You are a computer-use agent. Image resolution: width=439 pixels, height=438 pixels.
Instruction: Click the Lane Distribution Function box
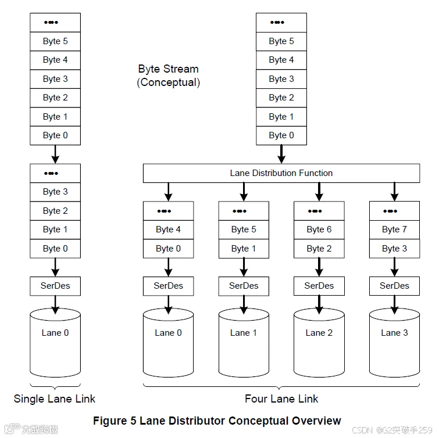281,173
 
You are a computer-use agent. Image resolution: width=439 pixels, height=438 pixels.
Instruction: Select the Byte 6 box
319,229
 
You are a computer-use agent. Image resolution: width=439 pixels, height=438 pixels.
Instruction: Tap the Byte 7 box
394,229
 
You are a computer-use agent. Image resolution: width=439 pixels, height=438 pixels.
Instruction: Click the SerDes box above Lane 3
394,286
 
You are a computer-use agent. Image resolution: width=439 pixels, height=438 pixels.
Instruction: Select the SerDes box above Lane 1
244,286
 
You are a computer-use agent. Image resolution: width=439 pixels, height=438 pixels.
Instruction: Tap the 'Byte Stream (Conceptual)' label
168,76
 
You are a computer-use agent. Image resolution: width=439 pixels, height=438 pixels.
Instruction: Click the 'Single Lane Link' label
55,399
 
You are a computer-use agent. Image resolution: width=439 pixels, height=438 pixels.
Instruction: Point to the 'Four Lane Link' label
281,399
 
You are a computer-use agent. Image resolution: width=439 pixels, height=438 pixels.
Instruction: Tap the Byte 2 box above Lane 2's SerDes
319,249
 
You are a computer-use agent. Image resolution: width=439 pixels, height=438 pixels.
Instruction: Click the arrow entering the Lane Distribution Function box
281,154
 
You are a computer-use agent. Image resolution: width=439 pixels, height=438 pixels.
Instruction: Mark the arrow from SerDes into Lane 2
319,305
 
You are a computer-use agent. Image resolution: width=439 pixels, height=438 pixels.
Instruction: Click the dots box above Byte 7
394,211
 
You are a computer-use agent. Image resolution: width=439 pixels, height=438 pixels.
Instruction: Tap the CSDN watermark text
392,430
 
